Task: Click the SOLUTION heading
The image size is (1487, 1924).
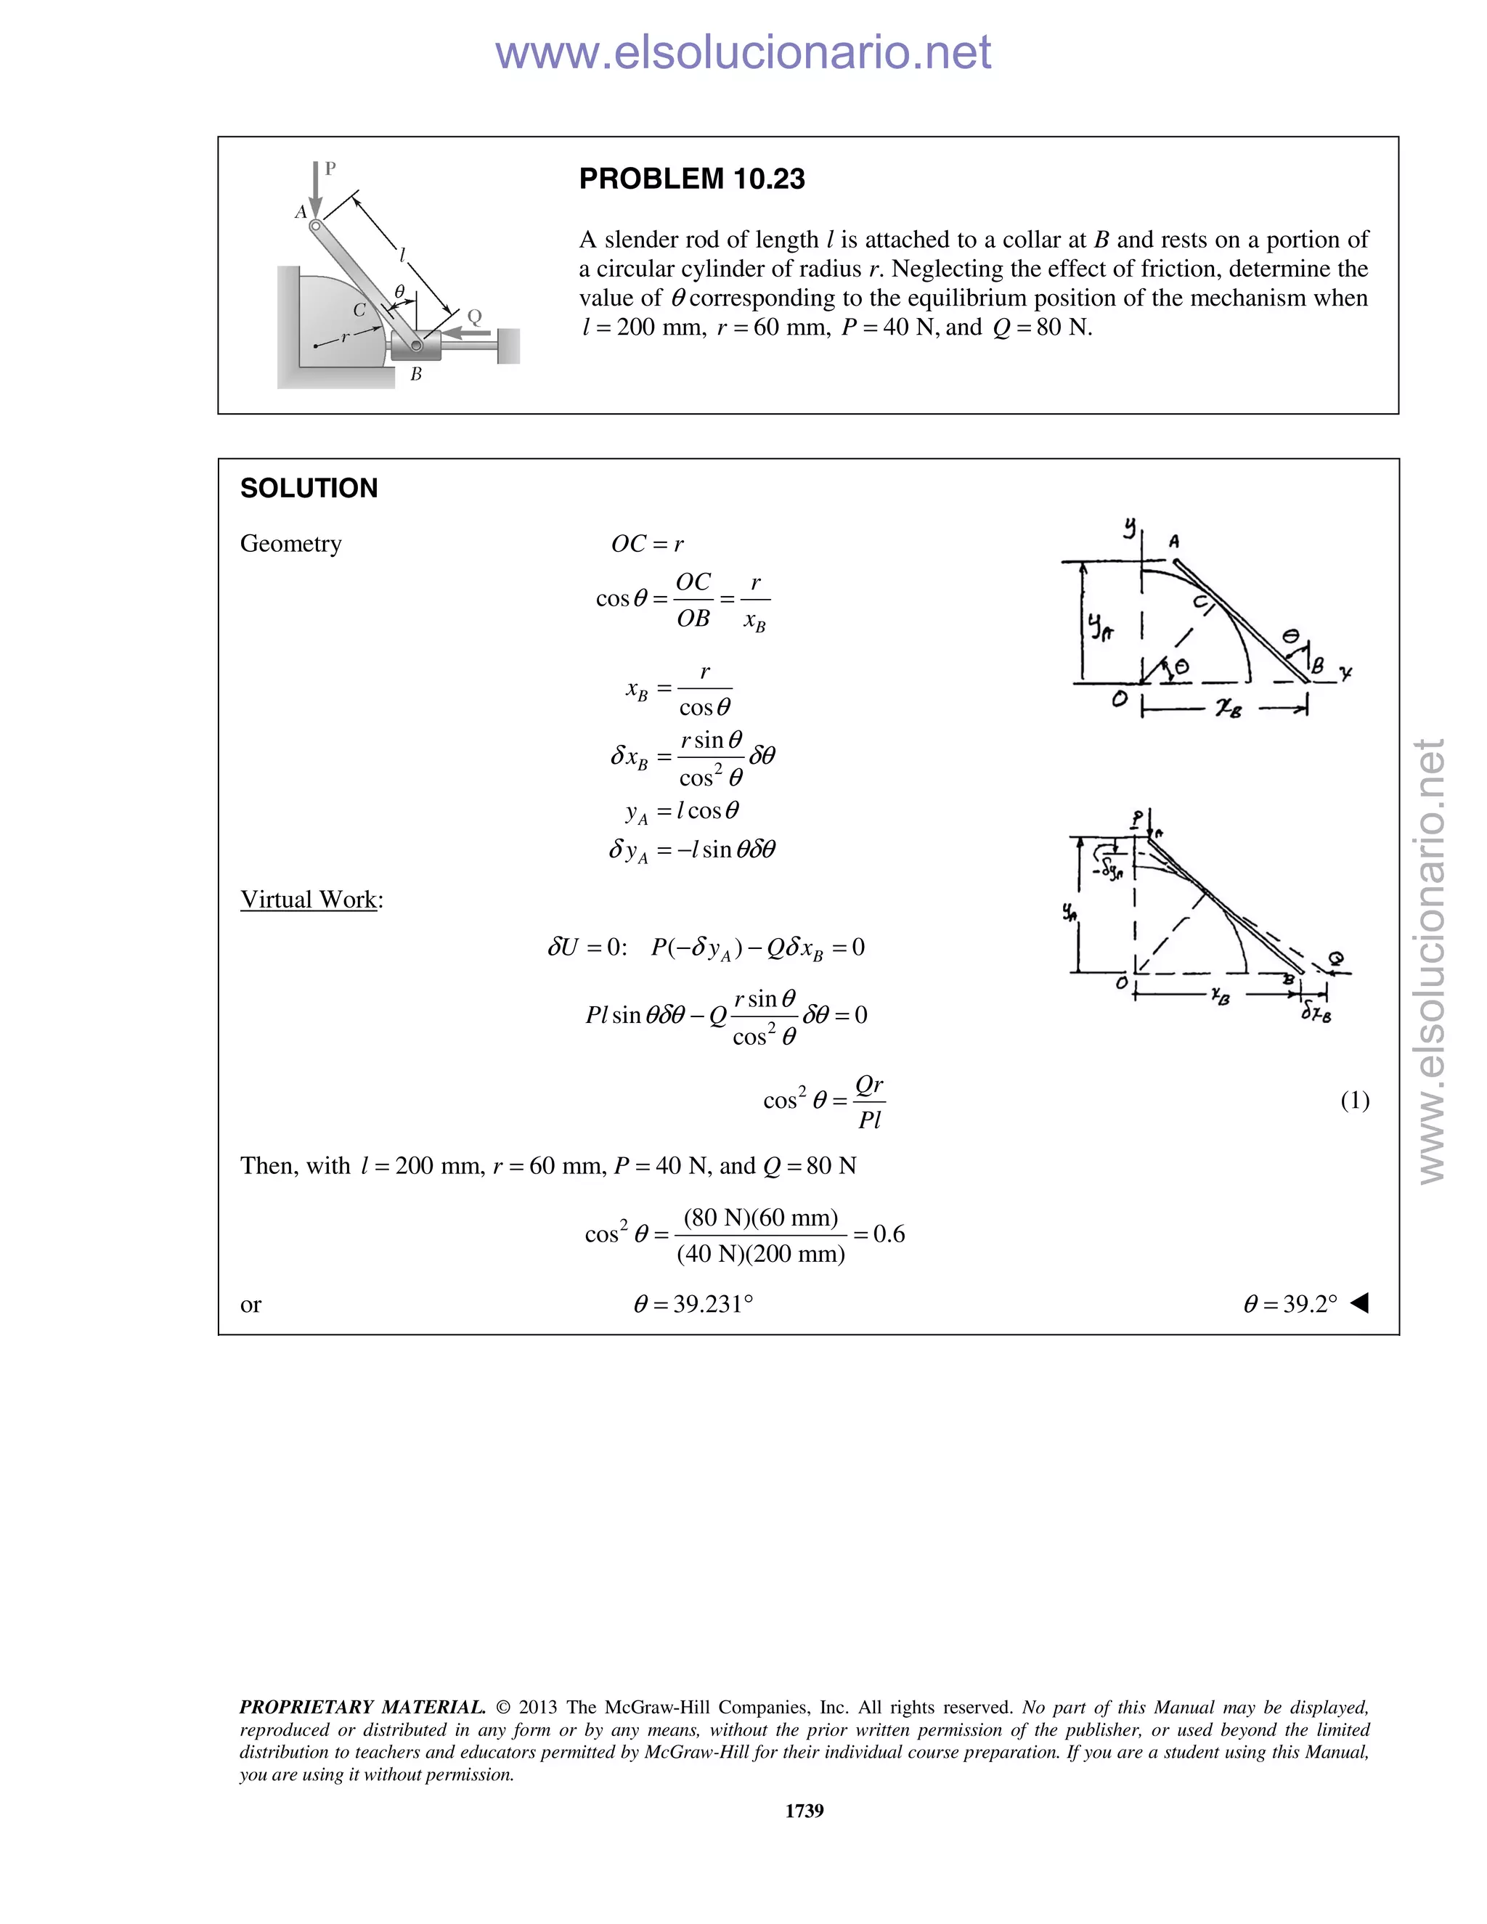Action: pos(309,488)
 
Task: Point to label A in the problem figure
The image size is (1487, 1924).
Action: pos(301,212)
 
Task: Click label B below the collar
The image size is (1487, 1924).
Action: pos(416,375)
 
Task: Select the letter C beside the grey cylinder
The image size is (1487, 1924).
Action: pos(359,310)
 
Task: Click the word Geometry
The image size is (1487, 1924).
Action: pos(290,544)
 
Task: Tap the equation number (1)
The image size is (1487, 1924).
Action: pos(1354,1099)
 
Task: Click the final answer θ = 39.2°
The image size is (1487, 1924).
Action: pos(1290,1304)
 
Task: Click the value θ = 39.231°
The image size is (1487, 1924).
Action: pos(693,1304)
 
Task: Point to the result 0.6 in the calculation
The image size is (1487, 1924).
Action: pos(888,1234)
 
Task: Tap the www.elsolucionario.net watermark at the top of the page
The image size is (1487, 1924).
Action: pos(743,53)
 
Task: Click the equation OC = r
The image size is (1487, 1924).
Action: pos(648,545)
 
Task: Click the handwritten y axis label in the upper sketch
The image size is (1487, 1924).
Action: pos(1129,527)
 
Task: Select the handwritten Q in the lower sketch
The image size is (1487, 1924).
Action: pos(1337,958)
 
